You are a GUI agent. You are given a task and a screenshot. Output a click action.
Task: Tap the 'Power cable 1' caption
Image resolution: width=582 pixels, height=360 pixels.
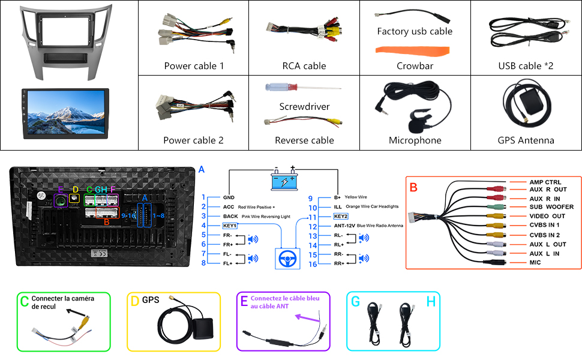[194, 66]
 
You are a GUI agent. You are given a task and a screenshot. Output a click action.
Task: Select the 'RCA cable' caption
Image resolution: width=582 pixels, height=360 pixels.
[304, 66]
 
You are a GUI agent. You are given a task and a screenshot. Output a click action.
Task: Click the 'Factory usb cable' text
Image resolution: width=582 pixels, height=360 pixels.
[415, 31]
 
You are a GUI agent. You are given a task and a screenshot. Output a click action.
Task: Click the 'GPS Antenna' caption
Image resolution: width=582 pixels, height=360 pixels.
[526, 140]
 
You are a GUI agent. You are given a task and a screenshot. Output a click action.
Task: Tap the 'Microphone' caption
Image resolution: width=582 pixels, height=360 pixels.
[415, 140]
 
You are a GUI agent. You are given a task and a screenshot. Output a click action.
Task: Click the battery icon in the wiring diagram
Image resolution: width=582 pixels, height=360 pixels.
[284, 181]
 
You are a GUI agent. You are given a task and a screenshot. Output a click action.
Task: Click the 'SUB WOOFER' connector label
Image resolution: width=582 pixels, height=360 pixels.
[551, 207]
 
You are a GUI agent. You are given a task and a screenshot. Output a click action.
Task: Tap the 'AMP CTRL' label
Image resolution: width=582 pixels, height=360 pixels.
[545, 182]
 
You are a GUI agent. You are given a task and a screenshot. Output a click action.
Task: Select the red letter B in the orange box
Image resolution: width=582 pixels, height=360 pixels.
[413, 187]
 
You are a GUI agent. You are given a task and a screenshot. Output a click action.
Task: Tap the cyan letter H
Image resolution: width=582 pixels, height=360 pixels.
[431, 301]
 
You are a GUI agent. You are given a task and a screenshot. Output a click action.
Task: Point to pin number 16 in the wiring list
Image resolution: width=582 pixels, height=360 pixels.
[312, 264]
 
